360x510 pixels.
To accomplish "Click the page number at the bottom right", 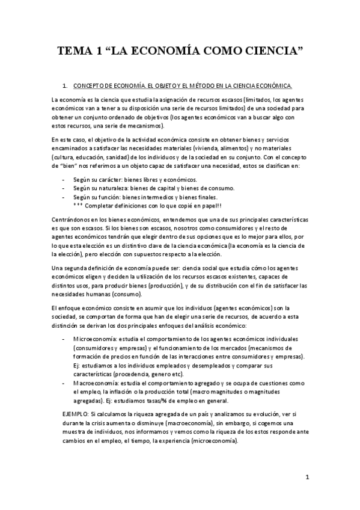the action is coord(307,478).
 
